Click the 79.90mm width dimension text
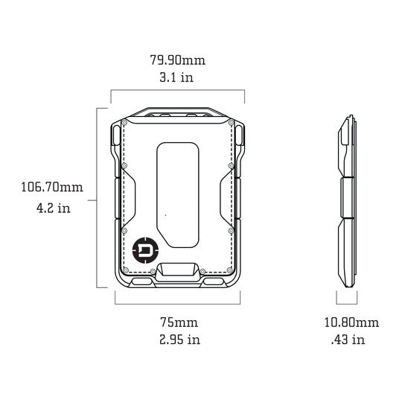tap(177, 58)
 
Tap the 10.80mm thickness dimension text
tap(350, 322)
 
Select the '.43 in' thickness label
tap(348, 340)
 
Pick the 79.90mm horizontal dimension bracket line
tap(177, 91)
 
